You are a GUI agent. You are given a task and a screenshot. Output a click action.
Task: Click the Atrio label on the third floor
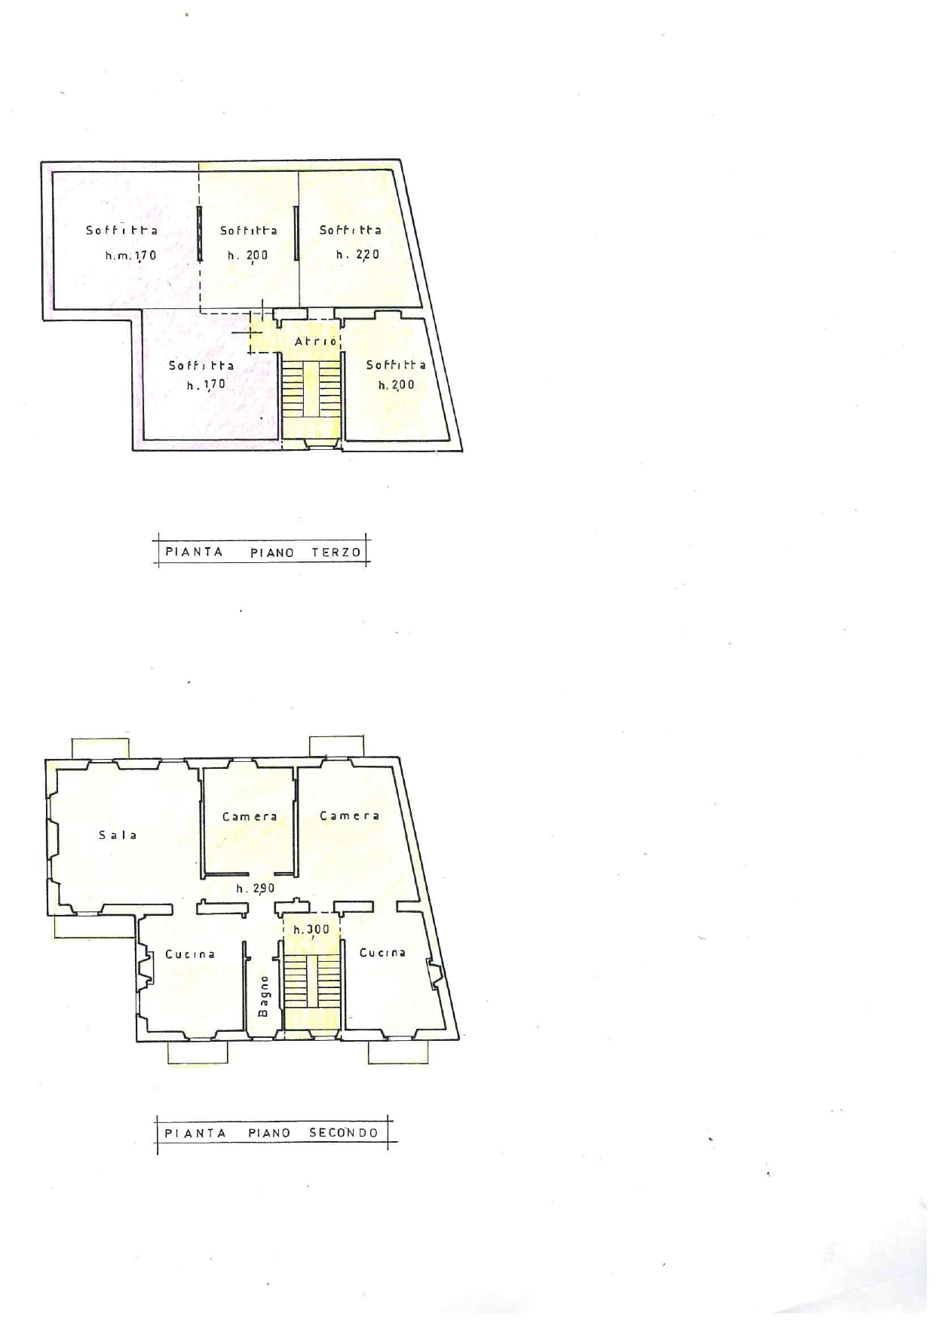click(x=316, y=341)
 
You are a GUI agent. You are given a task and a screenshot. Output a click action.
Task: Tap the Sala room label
click(x=118, y=834)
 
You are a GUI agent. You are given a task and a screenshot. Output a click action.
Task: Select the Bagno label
click(x=263, y=996)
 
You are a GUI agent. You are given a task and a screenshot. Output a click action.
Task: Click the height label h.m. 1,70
click(x=131, y=256)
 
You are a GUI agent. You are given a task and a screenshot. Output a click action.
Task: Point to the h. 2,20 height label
click(x=357, y=255)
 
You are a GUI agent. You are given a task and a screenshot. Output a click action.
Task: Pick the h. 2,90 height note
click(x=256, y=889)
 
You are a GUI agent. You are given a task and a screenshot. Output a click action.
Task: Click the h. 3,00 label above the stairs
click(x=311, y=929)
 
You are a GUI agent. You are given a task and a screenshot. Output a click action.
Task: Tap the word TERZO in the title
click(x=336, y=552)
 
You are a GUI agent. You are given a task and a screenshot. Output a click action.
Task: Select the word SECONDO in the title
click(x=344, y=1132)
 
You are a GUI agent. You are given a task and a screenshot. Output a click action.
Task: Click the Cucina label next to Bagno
click(x=190, y=953)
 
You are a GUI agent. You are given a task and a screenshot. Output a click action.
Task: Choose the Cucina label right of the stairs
click(x=382, y=952)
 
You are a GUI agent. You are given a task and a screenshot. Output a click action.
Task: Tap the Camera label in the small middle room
click(x=250, y=816)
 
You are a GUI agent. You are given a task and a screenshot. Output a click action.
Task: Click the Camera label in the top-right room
click(x=349, y=816)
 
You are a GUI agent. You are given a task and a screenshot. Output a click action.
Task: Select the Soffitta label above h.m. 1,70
click(x=121, y=230)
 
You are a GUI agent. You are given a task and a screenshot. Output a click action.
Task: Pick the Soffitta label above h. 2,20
click(x=350, y=230)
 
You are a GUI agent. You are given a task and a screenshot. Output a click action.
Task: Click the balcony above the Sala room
click(x=100, y=748)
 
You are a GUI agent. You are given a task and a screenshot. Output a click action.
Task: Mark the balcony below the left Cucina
click(x=198, y=1052)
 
